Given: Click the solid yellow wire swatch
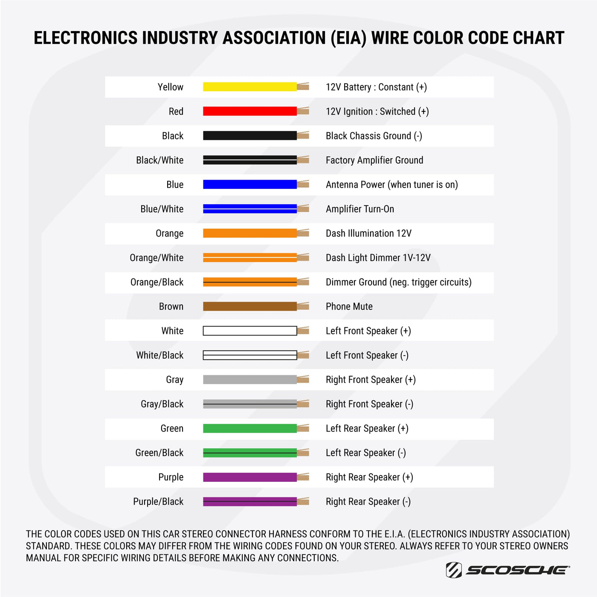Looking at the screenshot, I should (250, 87).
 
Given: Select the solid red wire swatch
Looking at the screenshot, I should (250, 111).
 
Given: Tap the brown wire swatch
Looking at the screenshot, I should (250, 306).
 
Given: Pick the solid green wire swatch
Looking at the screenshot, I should (250, 428).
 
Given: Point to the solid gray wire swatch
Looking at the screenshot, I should (250, 380).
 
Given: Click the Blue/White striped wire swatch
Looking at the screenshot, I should (250, 209).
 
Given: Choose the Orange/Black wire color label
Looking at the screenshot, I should (157, 282).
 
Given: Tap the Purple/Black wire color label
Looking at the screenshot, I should (158, 501).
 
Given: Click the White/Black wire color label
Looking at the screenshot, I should (159, 355).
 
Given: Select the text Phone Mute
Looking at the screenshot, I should (349, 307).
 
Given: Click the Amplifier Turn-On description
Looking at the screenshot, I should (359, 209).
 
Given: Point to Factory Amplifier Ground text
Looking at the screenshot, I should (374, 160).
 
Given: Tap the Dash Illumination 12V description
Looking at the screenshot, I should (368, 233).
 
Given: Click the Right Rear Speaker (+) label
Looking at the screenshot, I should (369, 477).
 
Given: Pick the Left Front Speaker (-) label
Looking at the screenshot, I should (367, 355).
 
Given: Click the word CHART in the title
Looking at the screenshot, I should (539, 38).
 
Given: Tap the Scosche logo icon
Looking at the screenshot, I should (454, 570).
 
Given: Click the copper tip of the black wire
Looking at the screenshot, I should (303, 136).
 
